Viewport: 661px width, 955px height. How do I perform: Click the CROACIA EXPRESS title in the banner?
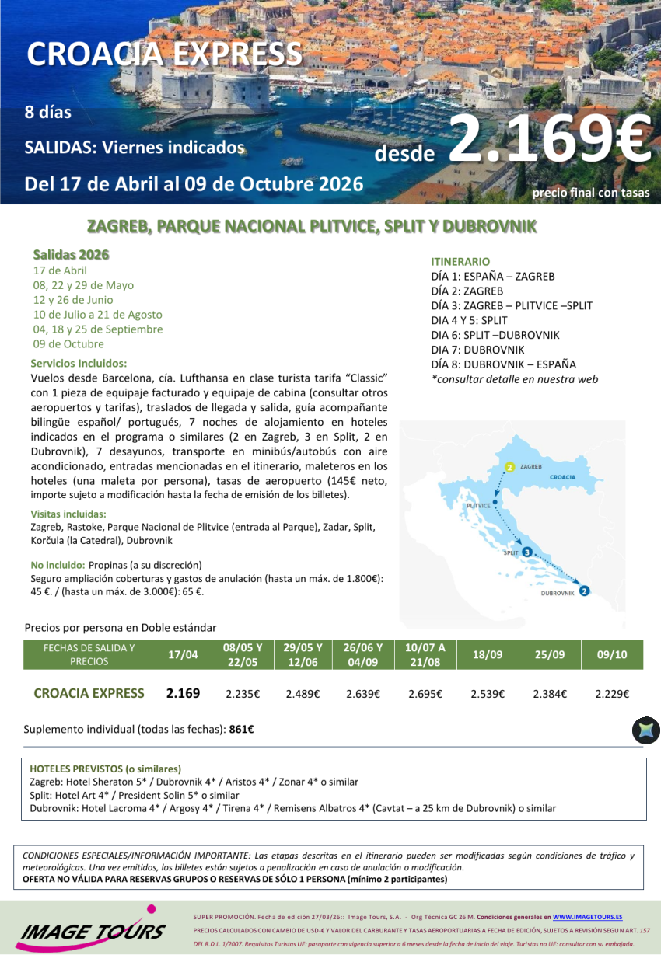(164, 54)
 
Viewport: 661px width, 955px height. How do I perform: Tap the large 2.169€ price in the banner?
(549, 140)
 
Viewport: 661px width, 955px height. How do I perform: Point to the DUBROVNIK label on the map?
(557, 593)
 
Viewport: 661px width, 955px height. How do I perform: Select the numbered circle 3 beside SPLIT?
(527, 552)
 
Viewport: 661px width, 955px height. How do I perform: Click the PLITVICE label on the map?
(478, 506)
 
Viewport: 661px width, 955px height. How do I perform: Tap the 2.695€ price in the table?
(425, 694)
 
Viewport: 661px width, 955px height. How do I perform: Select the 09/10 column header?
(612, 655)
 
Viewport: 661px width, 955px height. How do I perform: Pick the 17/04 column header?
(183, 655)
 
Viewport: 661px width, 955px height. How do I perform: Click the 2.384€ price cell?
(550, 694)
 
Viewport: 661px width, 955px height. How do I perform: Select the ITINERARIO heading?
(460, 262)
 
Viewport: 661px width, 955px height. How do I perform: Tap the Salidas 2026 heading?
(71, 255)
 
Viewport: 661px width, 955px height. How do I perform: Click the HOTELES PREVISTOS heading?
(105, 769)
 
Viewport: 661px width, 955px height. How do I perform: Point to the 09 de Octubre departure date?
(68, 344)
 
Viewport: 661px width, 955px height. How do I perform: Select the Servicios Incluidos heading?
(79, 363)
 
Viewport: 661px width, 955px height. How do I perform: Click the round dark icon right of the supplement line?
(645, 730)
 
